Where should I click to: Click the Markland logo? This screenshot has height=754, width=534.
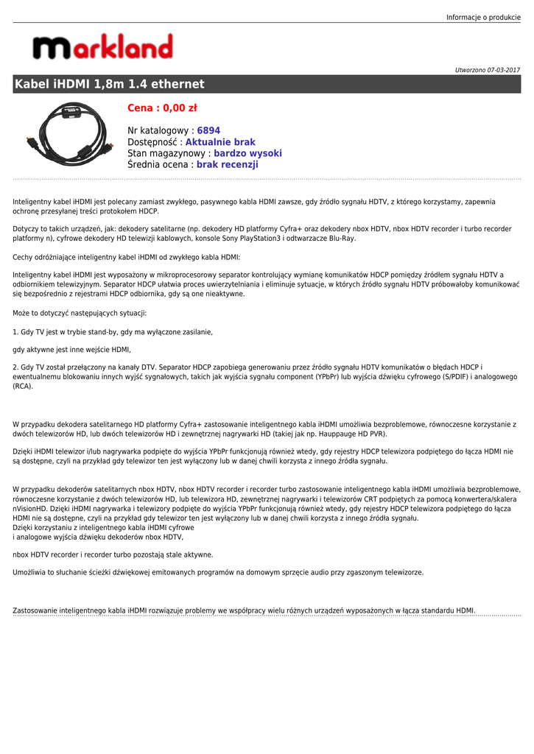point(102,48)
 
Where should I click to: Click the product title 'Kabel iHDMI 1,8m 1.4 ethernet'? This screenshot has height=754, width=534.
point(110,84)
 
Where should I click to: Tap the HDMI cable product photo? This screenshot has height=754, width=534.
point(69,133)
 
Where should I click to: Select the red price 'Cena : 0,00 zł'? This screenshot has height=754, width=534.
point(162,108)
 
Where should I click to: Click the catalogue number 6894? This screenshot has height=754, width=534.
point(208,130)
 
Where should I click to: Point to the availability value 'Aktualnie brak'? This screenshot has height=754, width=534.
point(220,142)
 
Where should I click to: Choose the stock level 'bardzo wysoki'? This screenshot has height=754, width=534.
point(247,153)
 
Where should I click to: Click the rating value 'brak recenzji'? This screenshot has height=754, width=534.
point(227,165)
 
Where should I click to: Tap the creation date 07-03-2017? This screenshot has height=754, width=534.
point(503,70)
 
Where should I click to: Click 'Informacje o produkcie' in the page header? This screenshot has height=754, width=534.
point(483,17)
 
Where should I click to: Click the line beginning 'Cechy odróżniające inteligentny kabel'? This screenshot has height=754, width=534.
point(127,257)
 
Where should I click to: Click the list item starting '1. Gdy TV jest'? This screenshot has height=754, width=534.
point(113,332)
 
